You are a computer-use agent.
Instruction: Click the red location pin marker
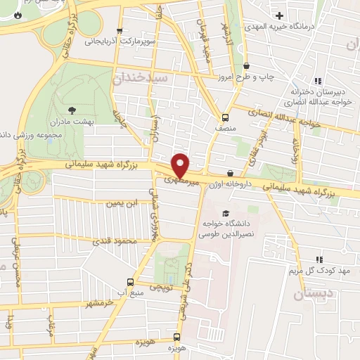pyautogui.click(x=181, y=165)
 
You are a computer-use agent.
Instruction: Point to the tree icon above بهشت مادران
pyautogui.click(x=72, y=109)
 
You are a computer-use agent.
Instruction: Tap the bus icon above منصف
pyautogui.click(x=225, y=117)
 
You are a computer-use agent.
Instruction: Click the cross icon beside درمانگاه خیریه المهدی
pyautogui.click(x=281, y=15)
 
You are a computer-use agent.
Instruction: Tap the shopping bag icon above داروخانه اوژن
pyautogui.click(x=230, y=173)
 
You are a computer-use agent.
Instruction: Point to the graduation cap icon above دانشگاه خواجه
pyautogui.click(x=225, y=214)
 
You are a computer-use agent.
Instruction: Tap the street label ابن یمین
pyautogui.click(x=120, y=204)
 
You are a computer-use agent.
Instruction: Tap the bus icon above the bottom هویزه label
pyautogui.click(x=178, y=337)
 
